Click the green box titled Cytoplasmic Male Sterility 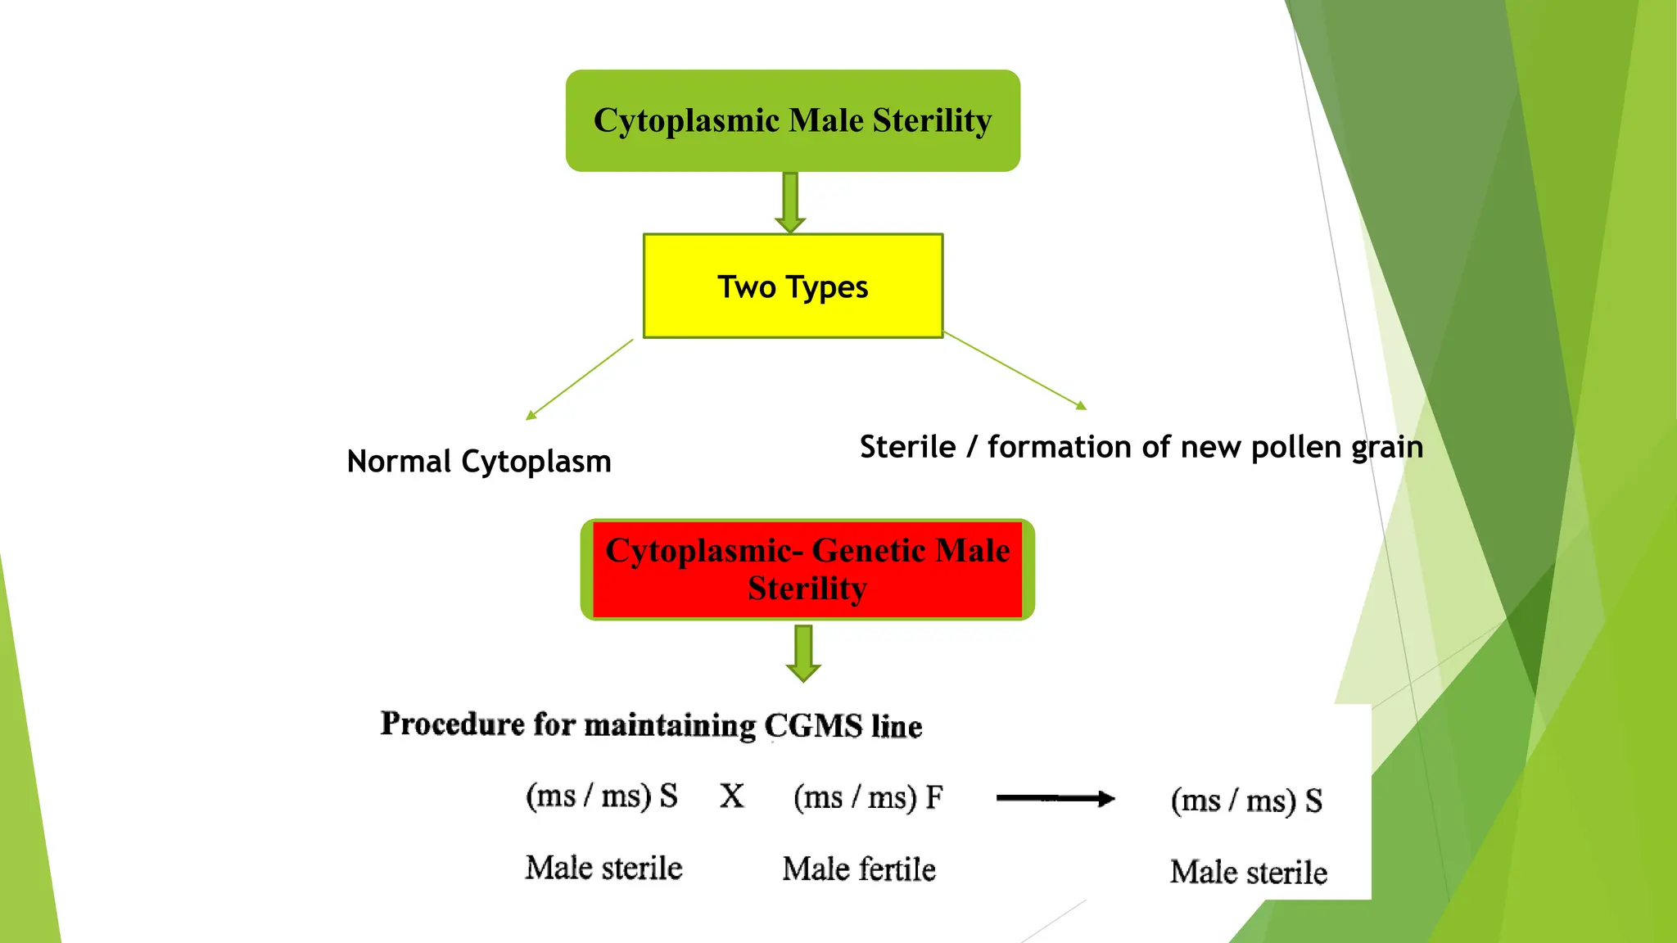click(793, 120)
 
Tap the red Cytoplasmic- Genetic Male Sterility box click(807, 569)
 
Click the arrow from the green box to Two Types click(790, 202)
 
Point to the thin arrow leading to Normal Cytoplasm click(579, 380)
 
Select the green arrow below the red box click(803, 653)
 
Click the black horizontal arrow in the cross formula click(1055, 798)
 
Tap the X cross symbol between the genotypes click(732, 796)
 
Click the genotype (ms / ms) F click(868, 797)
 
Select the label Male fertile click(859, 869)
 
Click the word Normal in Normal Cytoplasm click(399, 462)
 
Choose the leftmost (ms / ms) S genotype click(602, 796)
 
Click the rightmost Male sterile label click(1248, 873)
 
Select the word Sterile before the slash click(907, 448)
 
